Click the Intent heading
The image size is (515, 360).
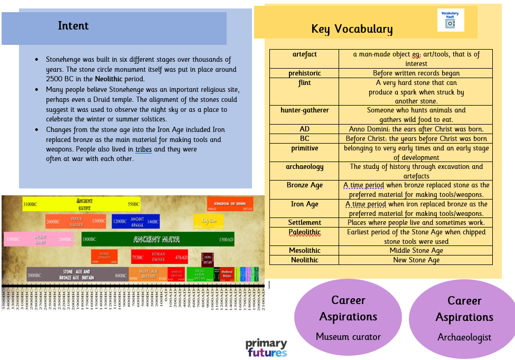73,26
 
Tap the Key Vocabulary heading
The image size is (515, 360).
352,29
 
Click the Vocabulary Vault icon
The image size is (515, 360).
450,20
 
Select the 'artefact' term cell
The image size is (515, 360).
304,54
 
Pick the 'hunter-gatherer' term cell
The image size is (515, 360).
304,110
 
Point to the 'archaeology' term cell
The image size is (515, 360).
304,167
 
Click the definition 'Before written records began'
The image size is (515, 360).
416,73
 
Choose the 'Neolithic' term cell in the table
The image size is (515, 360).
304,260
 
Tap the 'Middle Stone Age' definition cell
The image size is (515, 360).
416,251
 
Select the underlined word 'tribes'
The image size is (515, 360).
144,149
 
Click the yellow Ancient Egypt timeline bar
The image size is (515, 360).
82,204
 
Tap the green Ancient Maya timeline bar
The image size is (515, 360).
157,239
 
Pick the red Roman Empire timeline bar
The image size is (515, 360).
159,257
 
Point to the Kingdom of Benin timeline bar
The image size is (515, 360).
230,204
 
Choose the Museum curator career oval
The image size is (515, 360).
348,318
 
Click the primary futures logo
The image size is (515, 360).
266,348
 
